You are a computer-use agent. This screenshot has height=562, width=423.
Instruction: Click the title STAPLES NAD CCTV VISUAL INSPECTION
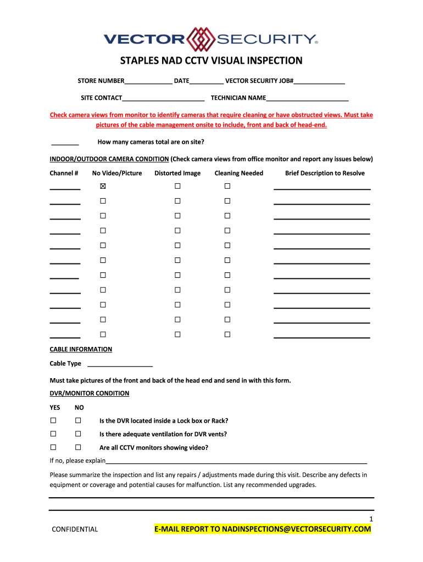coord(211,60)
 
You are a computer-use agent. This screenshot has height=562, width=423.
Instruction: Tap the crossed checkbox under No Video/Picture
coord(103,186)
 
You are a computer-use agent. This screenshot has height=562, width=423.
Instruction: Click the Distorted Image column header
coord(177,173)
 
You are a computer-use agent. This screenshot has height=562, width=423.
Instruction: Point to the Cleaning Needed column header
coord(238,173)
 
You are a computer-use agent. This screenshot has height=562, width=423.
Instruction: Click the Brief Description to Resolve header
coord(324,173)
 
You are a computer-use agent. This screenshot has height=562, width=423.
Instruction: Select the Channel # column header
coord(64,173)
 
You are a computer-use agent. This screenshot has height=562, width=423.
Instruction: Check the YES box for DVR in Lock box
coord(53,420)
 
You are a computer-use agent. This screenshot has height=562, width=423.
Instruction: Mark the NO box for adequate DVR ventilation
coord(78,434)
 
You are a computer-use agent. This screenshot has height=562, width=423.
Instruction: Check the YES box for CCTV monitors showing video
coord(53,447)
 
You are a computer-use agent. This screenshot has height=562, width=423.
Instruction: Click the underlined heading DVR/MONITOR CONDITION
coord(90,393)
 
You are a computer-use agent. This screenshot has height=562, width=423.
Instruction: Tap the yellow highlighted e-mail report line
coord(263,529)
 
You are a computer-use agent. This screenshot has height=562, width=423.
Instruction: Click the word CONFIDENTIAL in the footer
coord(75,530)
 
